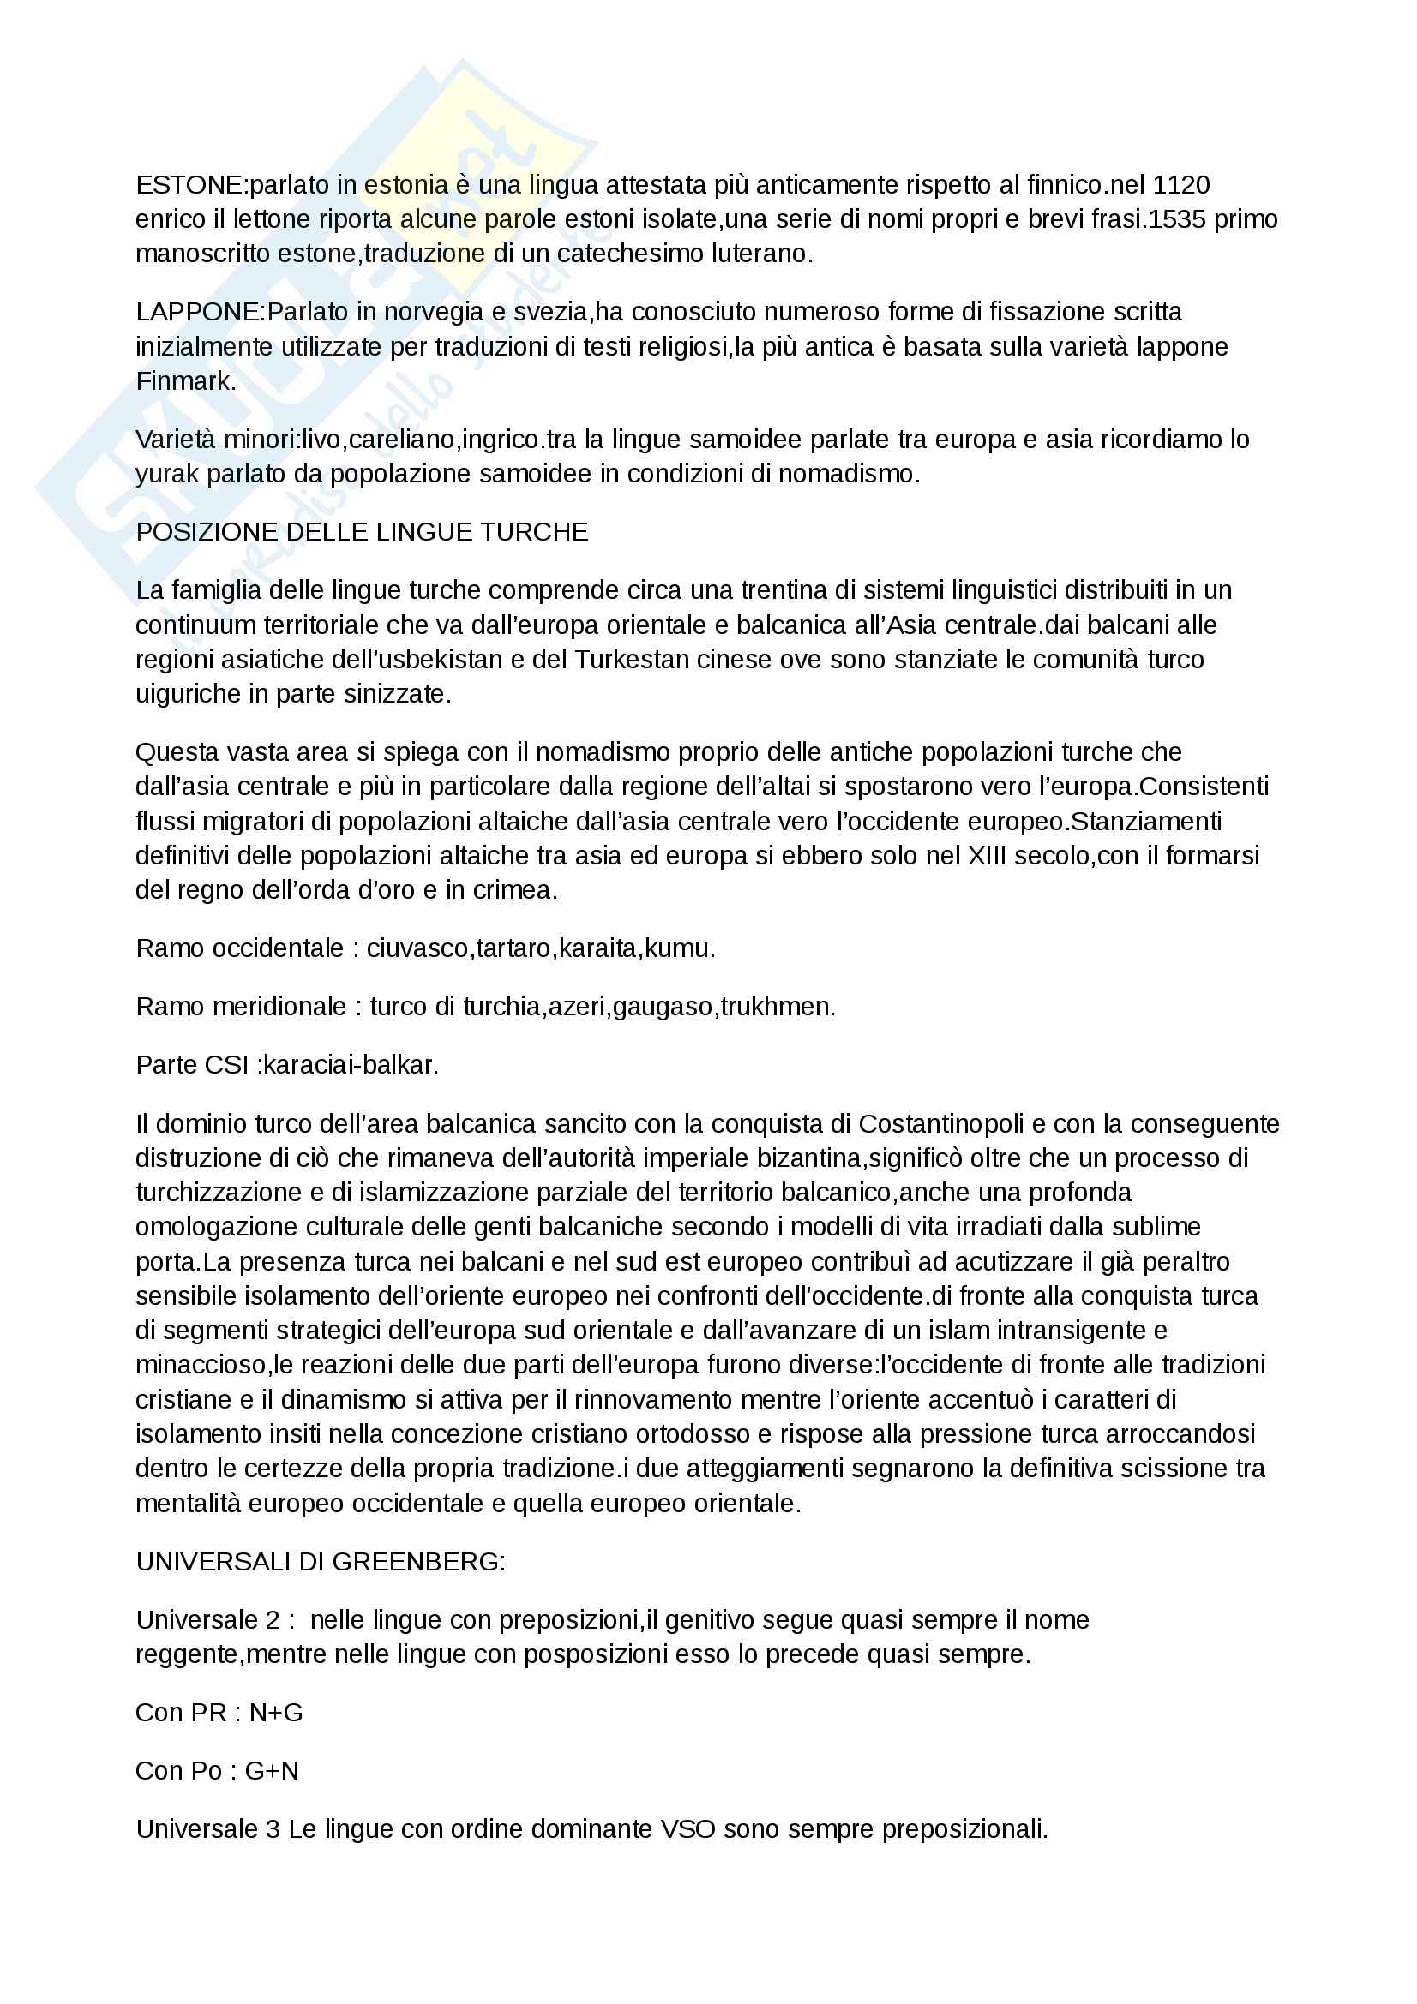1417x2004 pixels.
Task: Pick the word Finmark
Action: point(185,381)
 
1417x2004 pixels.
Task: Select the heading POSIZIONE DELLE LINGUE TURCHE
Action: point(363,532)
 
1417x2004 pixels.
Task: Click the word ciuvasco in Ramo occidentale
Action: point(417,948)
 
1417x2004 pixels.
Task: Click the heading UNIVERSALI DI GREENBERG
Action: point(321,1562)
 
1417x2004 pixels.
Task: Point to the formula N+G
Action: point(276,1713)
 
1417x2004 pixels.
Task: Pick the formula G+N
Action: point(272,1771)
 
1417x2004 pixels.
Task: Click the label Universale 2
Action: point(207,1620)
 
